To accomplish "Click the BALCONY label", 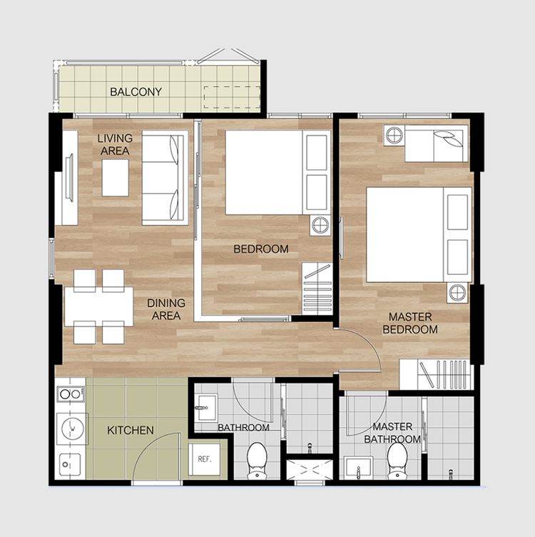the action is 136,92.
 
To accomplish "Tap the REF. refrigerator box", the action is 205,459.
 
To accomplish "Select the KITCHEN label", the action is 131,430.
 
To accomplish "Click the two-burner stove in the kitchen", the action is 71,394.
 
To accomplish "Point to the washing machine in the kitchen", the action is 73,428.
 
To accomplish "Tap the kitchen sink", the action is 70,465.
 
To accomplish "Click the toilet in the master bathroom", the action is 397,461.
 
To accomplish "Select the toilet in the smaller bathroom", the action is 257,461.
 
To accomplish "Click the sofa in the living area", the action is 165,177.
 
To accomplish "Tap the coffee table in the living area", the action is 116,178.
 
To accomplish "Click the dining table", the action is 99,306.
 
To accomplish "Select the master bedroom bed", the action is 419,235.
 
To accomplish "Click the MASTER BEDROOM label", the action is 410,323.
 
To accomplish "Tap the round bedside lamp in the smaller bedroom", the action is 320,226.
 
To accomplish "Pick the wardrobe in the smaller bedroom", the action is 317,288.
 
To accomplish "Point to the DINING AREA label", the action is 166,309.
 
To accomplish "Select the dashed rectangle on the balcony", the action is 233,98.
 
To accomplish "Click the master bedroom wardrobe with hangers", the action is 436,374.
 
